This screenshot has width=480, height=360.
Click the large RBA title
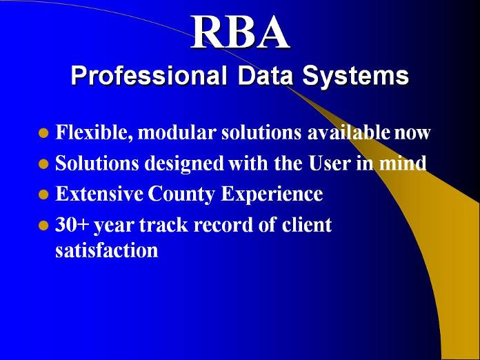pos(240,32)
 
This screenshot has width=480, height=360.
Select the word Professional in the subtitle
pos(149,75)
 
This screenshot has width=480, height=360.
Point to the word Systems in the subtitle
pos(356,76)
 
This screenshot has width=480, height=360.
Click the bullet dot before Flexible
pos(43,133)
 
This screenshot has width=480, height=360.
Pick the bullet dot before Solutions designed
pos(43,163)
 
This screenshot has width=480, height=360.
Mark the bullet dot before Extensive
pos(43,194)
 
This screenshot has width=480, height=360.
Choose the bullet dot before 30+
pos(43,226)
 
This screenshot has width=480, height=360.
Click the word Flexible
pos(94,132)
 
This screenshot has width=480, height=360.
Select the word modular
pos(177,132)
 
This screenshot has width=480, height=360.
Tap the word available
pos(349,132)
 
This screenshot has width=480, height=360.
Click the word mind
pos(403,163)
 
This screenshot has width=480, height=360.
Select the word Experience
pos(272,194)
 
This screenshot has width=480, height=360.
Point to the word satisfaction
pos(106,250)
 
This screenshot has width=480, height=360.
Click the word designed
pos(184,163)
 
